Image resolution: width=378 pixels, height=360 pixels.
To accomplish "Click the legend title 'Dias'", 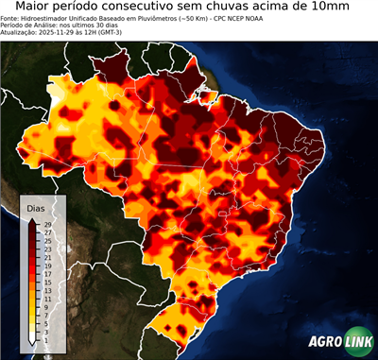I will [36, 207].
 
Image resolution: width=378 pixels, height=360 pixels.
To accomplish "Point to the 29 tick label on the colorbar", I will [47, 223].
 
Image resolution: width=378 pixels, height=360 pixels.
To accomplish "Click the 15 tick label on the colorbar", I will [47, 282].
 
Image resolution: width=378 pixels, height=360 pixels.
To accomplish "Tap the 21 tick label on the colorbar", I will [47, 256].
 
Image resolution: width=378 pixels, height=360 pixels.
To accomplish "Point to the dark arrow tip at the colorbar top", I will [32, 219].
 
